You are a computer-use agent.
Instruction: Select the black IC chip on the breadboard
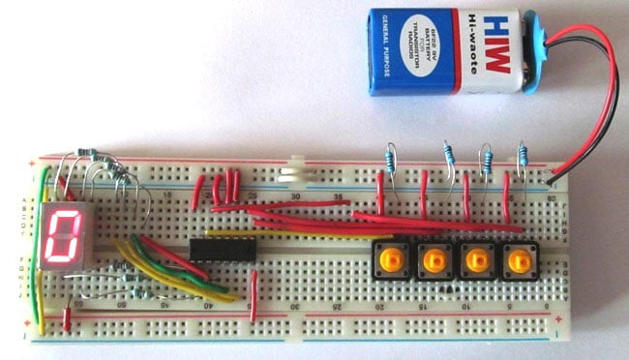point(223,250)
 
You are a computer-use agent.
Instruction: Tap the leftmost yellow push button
point(392,259)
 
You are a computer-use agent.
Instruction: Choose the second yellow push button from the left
point(434,259)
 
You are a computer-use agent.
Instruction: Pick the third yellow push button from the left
point(476,259)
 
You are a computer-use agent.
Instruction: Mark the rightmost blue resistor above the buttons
point(524,156)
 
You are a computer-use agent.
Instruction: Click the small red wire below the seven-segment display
point(66,317)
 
